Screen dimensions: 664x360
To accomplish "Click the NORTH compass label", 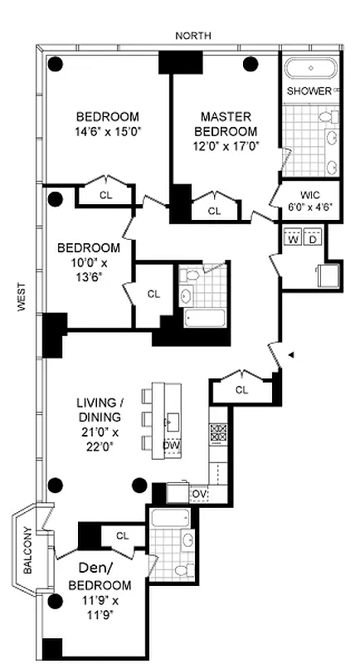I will pyautogui.click(x=193, y=36).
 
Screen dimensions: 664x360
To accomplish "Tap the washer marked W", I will pyautogui.click(x=293, y=239).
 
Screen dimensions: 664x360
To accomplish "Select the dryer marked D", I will pyautogui.click(x=313, y=239).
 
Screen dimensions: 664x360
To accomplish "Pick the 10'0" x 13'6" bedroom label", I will pyautogui.click(x=88, y=261).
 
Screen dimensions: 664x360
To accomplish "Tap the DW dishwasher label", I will pyautogui.click(x=171, y=447).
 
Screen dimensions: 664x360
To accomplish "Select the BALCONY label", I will pyautogui.click(x=27, y=550).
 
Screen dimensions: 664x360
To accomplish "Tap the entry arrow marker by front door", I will pyautogui.click(x=289, y=355).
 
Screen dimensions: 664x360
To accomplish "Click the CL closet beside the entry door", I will pyautogui.click(x=241, y=390).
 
